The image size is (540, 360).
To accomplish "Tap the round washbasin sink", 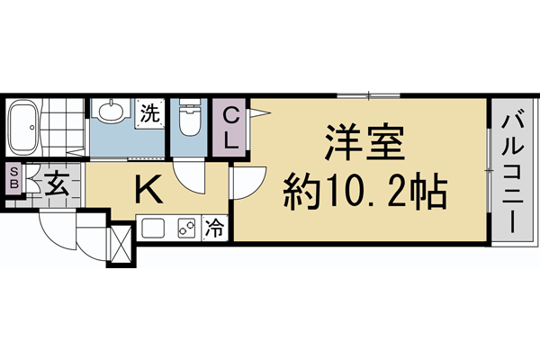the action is (x=112, y=112).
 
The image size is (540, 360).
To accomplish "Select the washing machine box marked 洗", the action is (x=149, y=113).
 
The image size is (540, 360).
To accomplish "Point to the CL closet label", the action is (x=231, y=127).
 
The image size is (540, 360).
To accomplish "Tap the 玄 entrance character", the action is (x=56, y=185).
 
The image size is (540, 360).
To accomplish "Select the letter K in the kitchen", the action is (x=148, y=190).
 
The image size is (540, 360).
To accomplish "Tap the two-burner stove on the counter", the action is (x=187, y=229).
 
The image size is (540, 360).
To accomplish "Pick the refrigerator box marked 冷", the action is (x=216, y=229).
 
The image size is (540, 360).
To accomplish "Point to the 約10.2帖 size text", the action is (x=365, y=190).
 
